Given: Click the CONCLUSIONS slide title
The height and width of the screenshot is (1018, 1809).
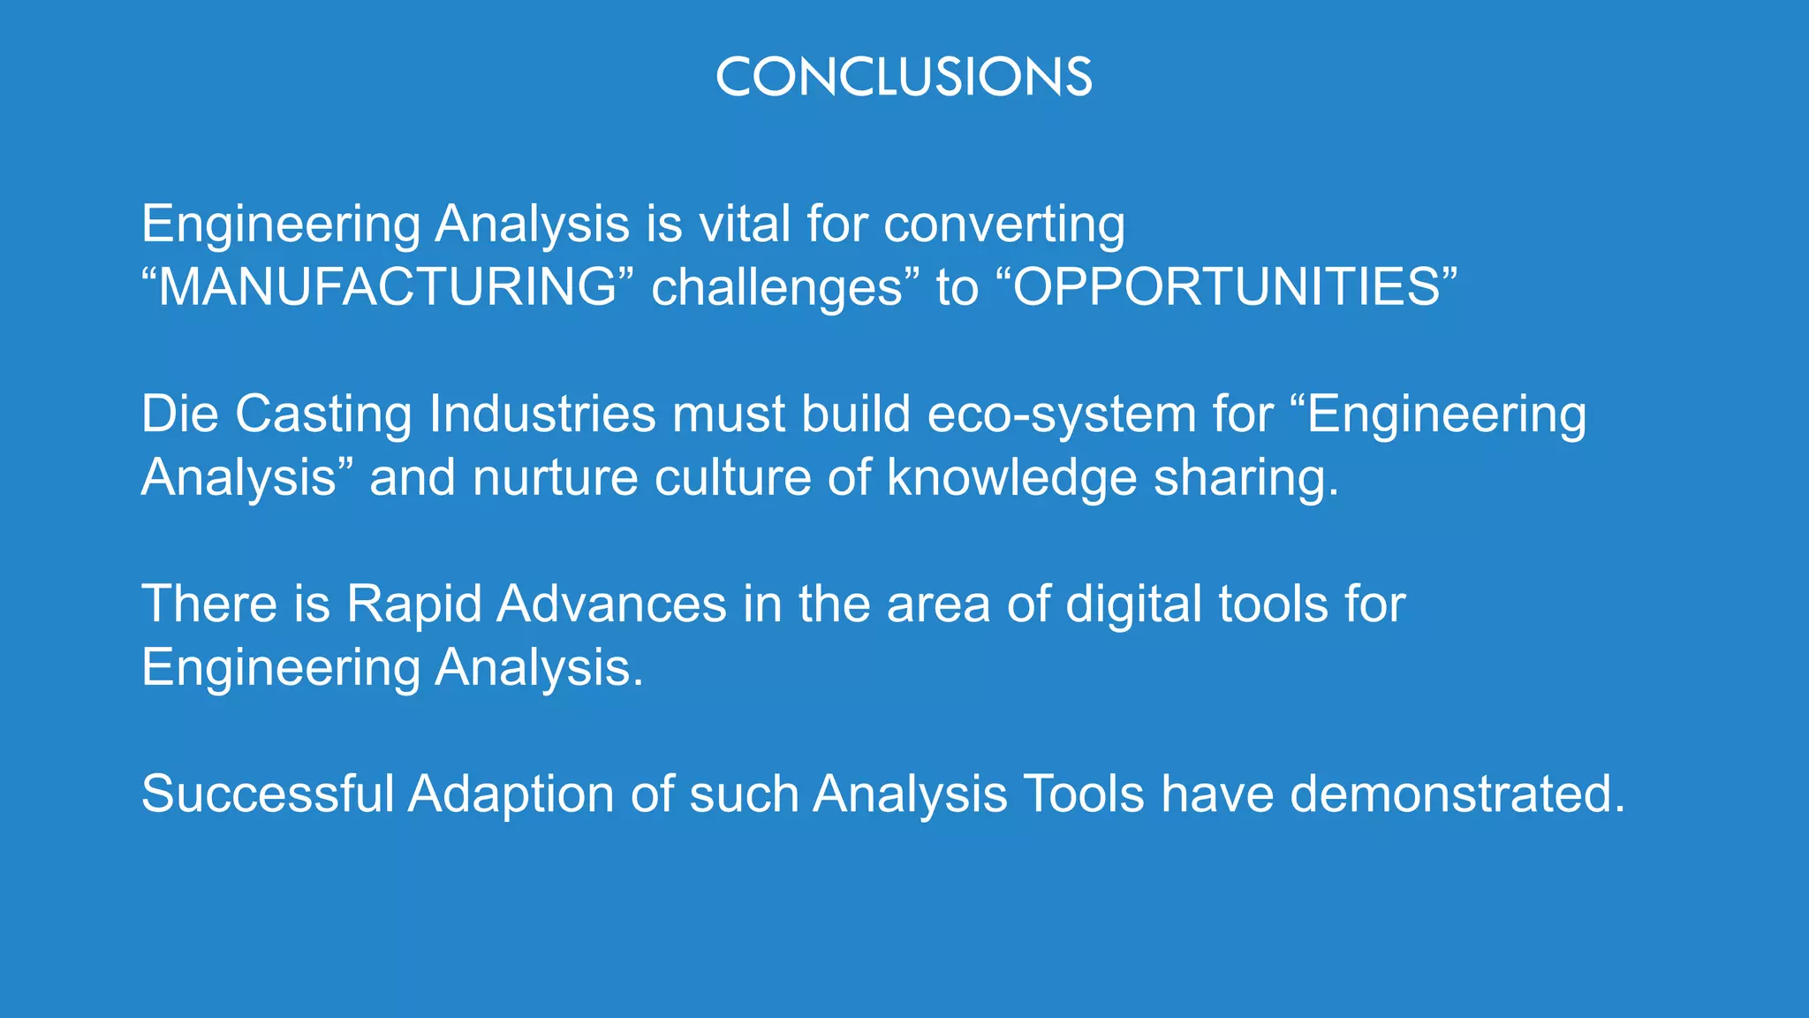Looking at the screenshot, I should (x=904, y=77).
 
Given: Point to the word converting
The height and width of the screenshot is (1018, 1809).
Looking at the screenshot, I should (x=1004, y=225).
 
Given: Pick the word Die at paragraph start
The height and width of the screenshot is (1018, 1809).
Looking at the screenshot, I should (x=179, y=414).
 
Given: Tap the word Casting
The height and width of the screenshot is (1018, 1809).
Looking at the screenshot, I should (x=323, y=415).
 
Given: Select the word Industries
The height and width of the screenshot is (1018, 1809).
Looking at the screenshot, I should (x=542, y=414).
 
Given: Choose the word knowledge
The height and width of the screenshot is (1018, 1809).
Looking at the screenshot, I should (x=1012, y=478).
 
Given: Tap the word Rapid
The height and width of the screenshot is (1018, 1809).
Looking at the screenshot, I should (x=413, y=605).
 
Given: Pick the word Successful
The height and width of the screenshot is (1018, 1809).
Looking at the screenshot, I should (x=267, y=794).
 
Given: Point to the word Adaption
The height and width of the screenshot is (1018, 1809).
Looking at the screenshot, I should (x=511, y=795).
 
